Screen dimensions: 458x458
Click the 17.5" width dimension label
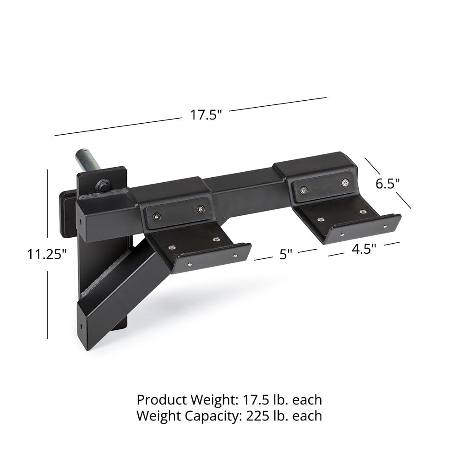206,115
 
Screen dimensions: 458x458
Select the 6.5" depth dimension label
387,184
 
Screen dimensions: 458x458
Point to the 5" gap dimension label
286,254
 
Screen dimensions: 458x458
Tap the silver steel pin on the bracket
87,163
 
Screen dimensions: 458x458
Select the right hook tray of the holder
353,220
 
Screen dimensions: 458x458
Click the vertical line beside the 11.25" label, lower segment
47,305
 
